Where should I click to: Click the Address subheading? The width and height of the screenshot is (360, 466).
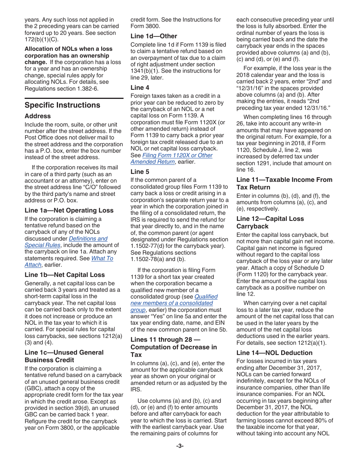(38, 116)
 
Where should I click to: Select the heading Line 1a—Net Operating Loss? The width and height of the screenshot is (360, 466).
(69, 211)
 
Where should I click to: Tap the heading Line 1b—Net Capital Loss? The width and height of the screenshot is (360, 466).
(64, 275)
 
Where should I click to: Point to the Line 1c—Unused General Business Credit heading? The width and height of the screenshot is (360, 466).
(64, 356)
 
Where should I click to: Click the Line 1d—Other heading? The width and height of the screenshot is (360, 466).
(153, 36)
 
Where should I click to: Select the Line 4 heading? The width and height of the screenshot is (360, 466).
(140, 88)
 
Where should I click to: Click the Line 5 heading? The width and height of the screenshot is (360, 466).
(140, 172)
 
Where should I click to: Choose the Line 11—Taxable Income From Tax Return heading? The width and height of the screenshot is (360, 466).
(284, 183)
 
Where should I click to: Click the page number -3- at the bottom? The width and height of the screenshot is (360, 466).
(180, 446)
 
